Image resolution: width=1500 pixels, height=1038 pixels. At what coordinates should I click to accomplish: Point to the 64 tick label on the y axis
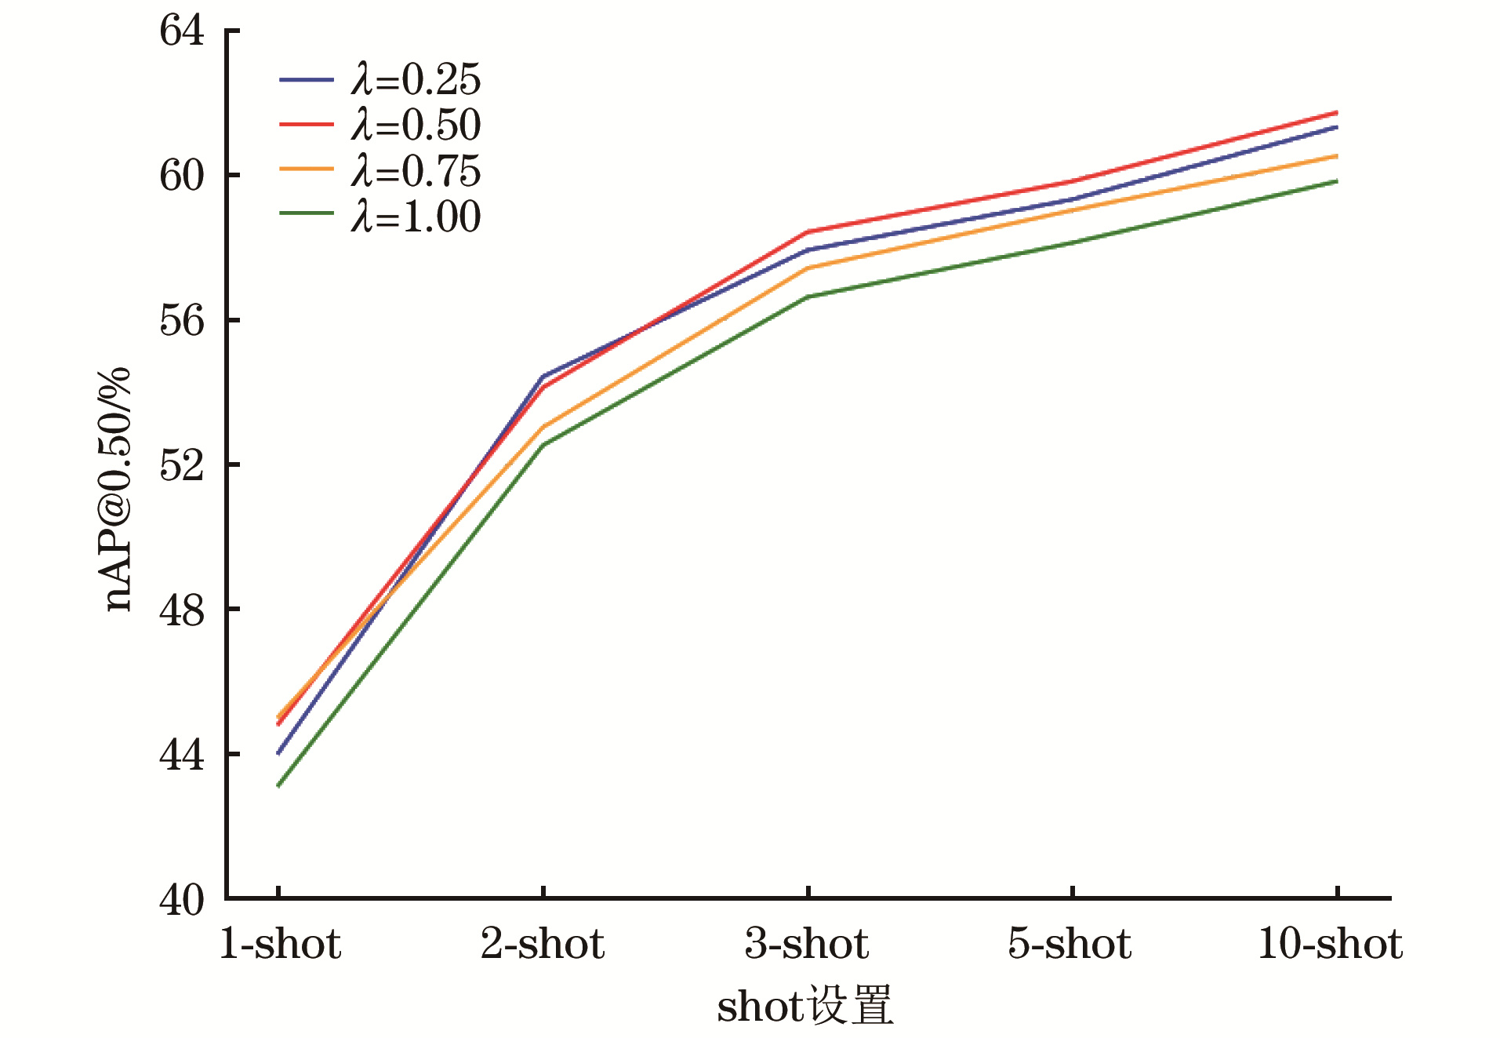click(x=182, y=31)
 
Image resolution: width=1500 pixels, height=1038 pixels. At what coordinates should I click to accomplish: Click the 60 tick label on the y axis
click(x=182, y=176)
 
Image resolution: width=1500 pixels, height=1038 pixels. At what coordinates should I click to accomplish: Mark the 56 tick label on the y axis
click(x=182, y=320)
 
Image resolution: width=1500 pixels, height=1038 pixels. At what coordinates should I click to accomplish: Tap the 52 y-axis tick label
click(x=182, y=465)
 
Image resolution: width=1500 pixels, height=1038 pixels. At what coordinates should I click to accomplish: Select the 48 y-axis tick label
click(x=182, y=610)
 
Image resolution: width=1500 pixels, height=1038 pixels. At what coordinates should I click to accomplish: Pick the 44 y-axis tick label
click(x=182, y=755)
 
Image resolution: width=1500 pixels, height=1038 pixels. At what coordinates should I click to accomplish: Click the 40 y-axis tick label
click(x=182, y=900)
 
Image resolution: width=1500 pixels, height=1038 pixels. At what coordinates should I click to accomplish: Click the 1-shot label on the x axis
click(x=280, y=943)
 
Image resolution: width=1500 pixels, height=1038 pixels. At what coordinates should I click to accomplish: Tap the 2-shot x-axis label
click(x=543, y=943)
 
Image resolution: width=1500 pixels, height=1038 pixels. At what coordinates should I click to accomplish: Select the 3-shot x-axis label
click(x=807, y=943)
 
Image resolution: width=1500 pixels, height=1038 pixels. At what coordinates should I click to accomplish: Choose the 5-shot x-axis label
click(x=1070, y=943)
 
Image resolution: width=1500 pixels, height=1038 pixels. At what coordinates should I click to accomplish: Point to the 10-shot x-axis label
click(x=1331, y=943)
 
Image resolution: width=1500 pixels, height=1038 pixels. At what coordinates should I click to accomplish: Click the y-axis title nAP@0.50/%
click(x=118, y=488)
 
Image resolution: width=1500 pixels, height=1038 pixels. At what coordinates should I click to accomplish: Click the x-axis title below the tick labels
click(x=805, y=1005)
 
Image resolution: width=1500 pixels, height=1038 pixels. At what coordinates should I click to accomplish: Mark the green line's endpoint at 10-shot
click(x=1336, y=181)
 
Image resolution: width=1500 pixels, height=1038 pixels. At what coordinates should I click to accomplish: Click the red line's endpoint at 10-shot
click(x=1336, y=113)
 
